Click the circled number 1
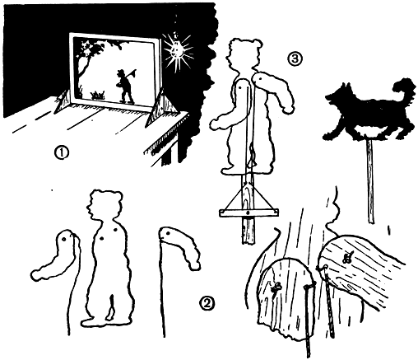tap(62, 152)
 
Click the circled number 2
tap(207, 303)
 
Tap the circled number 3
tap(295, 58)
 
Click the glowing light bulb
tap(177, 50)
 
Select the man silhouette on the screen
tap(124, 86)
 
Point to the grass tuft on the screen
tap(98, 95)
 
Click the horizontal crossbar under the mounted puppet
tap(248, 213)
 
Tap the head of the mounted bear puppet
tap(242, 54)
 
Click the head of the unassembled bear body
tap(104, 205)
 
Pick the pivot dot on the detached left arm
tap(64, 239)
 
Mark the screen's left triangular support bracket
tap(63, 101)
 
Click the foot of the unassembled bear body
tap(89, 321)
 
